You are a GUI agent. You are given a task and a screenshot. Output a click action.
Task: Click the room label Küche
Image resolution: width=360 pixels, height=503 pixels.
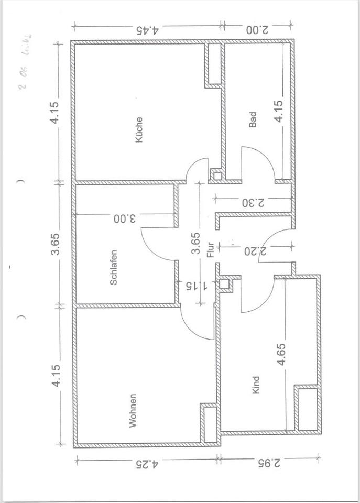click(x=139, y=129)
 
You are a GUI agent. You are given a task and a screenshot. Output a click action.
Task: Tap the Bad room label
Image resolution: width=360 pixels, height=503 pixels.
click(x=253, y=121)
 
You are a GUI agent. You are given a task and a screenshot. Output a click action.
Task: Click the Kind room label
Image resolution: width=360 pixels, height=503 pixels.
click(x=256, y=385)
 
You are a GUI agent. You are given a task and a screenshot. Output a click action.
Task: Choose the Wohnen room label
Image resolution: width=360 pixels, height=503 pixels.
click(x=133, y=411)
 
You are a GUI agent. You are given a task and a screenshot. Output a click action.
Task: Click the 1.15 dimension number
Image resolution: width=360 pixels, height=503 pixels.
click(x=196, y=286)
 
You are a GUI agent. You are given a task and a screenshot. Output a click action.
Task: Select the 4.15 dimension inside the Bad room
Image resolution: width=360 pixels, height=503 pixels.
click(x=280, y=111)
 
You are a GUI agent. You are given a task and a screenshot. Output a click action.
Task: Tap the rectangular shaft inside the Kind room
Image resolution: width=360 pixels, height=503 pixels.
click(x=307, y=408)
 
